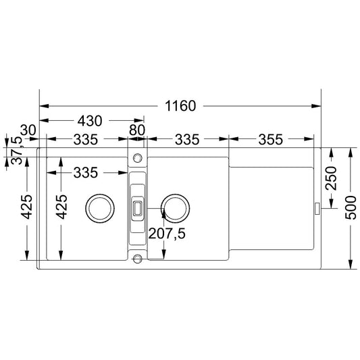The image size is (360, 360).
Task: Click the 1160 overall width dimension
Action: pos(180,106)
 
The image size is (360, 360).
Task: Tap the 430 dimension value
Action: pos(90,121)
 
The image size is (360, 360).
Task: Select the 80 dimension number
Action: pos(137,130)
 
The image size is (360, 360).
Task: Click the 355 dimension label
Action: pos(270,140)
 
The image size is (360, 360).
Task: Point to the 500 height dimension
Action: pos(351,207)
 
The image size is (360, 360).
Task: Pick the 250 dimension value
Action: pos(332,178)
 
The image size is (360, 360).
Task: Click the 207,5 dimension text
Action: pos(167,234)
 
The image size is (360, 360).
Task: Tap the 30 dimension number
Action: pos(28,130)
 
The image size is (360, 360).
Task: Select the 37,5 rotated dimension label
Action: pos(17,150)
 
